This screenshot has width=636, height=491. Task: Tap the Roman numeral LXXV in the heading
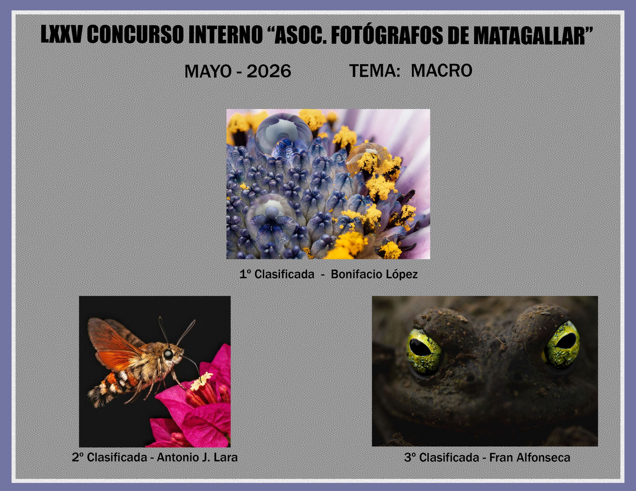click(61, 34)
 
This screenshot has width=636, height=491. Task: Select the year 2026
click(269, 71)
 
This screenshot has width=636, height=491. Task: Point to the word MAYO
click(208, 71)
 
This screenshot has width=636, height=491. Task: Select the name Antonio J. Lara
click(197, 457)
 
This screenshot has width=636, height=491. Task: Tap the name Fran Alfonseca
click(529, 457)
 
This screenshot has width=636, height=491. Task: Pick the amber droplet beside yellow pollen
click(361, 159)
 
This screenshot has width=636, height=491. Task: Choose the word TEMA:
click(374, 70)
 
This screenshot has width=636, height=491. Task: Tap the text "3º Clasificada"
click(441, 457)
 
